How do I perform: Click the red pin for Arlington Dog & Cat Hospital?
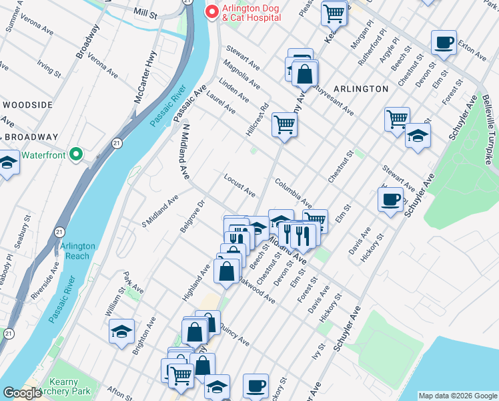[x=212, y=12]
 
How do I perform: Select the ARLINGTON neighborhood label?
[x=361, y=88]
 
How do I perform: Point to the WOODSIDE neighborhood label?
[x=27, y=105]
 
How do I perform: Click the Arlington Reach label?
[x=77, y=251]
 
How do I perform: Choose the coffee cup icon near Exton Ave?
[x=443, y=44]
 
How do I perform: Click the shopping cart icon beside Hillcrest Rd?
[x=284, y=124]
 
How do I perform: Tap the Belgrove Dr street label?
[x=192, y=216]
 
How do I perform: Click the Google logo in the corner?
[x=22, y=394]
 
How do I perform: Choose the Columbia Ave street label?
[x=293, y=193]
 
